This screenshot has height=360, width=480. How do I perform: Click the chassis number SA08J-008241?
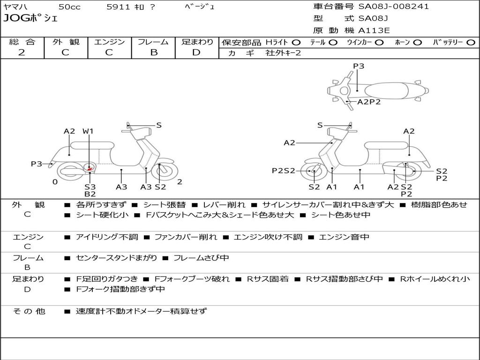[x=393, y=7]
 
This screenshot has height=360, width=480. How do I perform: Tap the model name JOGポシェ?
[x=30, y=19]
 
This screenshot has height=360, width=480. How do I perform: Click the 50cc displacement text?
[x=69, y=7]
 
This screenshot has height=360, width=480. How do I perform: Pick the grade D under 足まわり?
[x=196, y=52]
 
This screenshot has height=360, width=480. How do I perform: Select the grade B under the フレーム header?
[x=153, y=52]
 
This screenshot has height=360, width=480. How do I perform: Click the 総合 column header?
[x=22, y=42]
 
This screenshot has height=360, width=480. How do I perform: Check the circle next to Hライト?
[x=296, y=42]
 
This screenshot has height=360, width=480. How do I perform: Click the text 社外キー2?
[x=283, y=53]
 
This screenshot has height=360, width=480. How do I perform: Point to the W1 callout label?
[x=88, y=131]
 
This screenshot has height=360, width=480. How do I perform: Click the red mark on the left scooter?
[x=90, y=168]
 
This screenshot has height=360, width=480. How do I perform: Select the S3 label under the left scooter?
[x=90, y=187]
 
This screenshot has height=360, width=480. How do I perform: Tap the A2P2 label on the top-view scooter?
[x=369, y=102]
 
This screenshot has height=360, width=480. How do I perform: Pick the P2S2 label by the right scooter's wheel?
[x=284, y=171]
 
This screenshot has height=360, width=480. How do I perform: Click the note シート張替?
[x=164, y=205]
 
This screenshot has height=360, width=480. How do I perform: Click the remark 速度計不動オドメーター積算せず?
[x=141, y=311]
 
